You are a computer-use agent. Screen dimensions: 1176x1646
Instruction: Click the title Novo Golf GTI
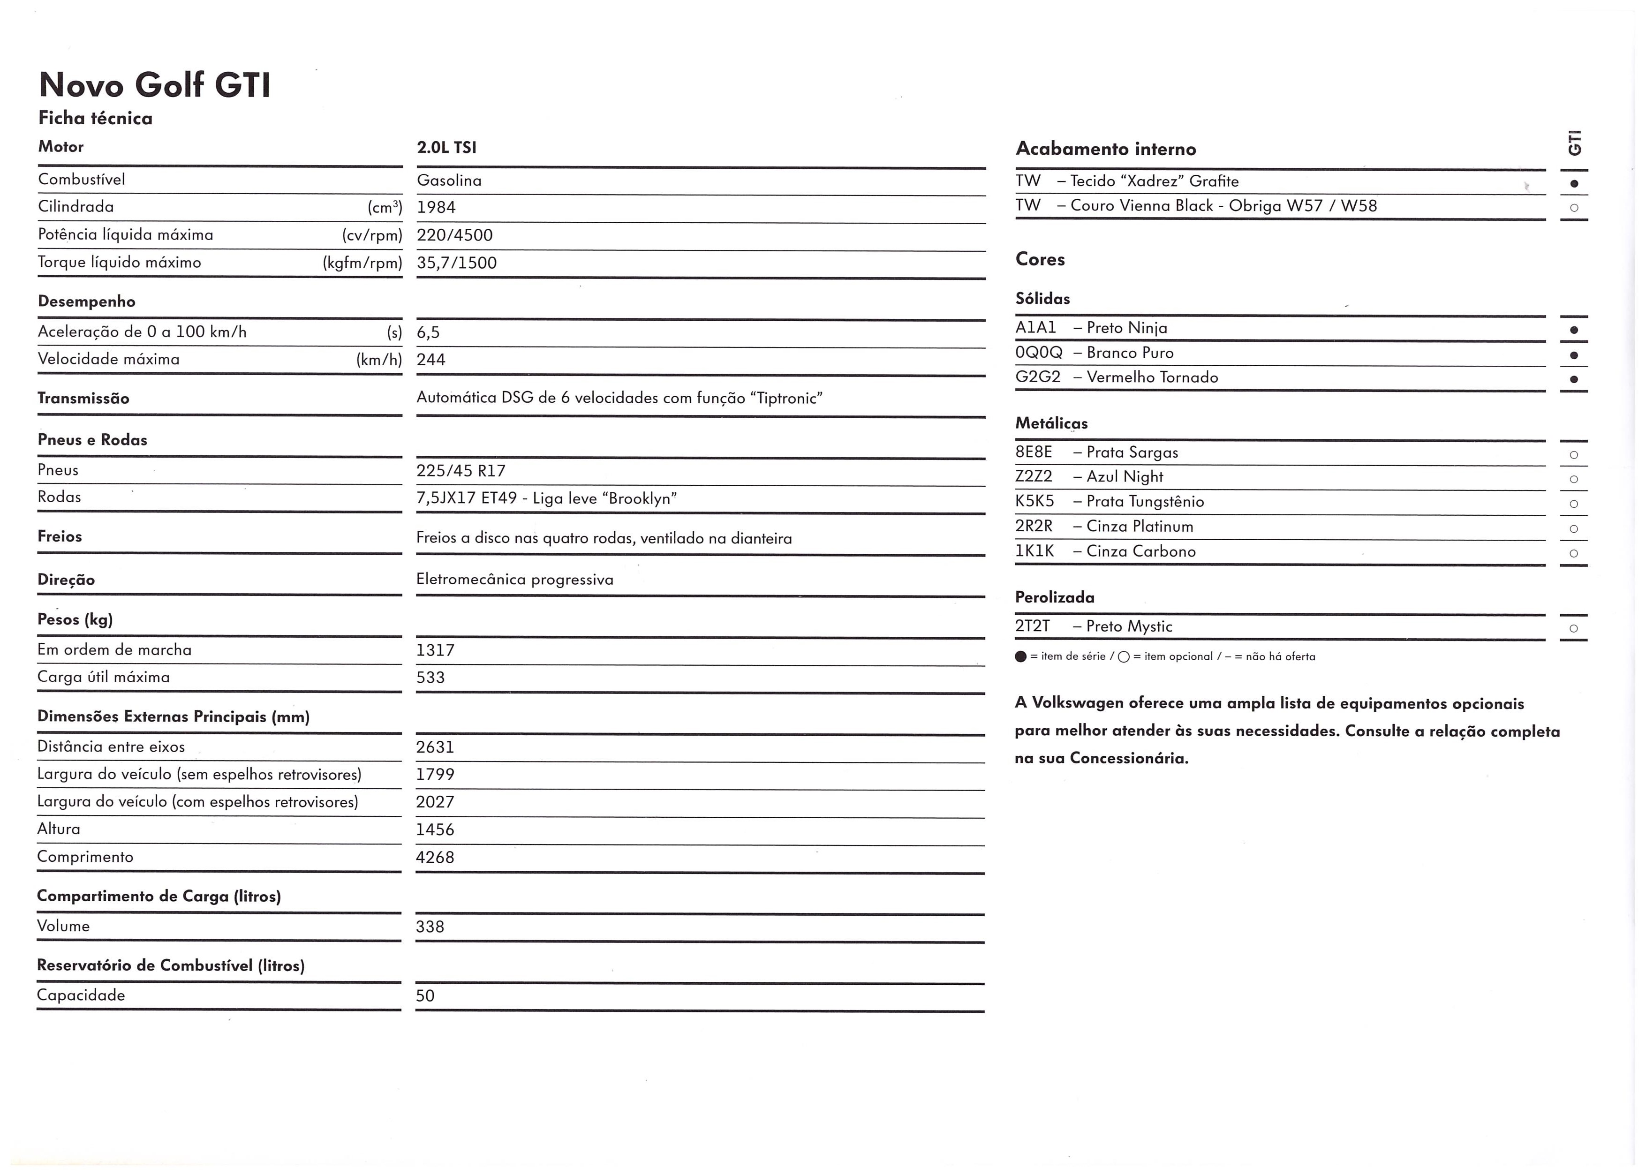pyautogui.click(x=154, y=85)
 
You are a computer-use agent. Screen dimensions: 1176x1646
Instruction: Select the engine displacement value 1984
pyautogui.click(x=436, y=208)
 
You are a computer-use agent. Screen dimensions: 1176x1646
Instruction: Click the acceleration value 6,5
pyautogui.click(x=428, y=333)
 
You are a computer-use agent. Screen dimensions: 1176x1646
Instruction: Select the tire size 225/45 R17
pyautogui.click(x=461, y=471)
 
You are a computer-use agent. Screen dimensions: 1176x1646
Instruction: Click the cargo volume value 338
pyautogui.click(x=430, y=927)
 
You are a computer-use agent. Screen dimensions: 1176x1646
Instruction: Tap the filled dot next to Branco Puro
pyautogui.click(x=1573, y=355)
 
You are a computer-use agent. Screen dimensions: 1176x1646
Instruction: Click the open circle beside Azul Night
pyautogui.click(x=1573, y=479)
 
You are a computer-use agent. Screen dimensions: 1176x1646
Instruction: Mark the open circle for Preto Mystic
pyautogui.click(x=1573, y=628)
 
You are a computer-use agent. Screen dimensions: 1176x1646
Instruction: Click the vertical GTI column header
pyautogui.click(x=1574, y=143)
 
